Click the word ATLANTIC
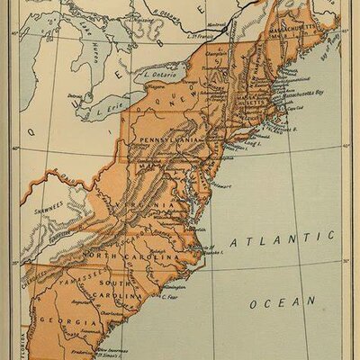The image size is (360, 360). pyautogui.click(x=280, y=240)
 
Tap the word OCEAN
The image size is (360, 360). pyautogui.click(x=283, y=304)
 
